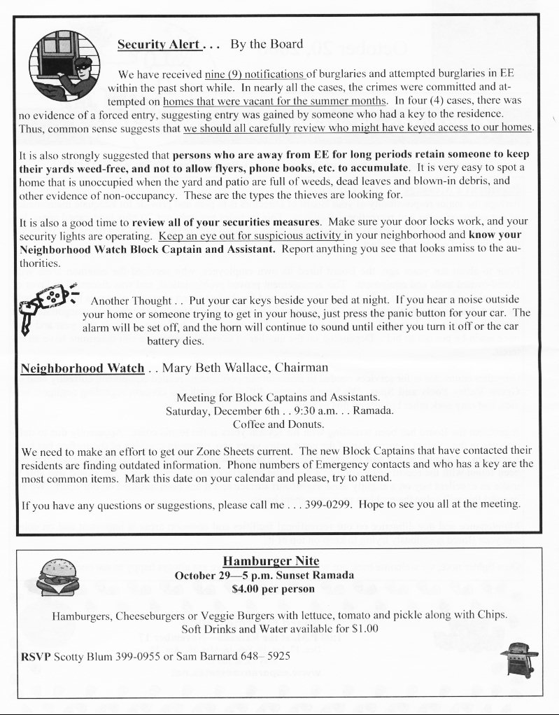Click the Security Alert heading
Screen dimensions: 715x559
click(x=160, y=45)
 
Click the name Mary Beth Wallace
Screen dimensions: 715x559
click(x=213, y=368)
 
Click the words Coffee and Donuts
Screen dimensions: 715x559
click(x=278, y=424)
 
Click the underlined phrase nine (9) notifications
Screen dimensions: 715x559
click(x=255, y=73)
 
